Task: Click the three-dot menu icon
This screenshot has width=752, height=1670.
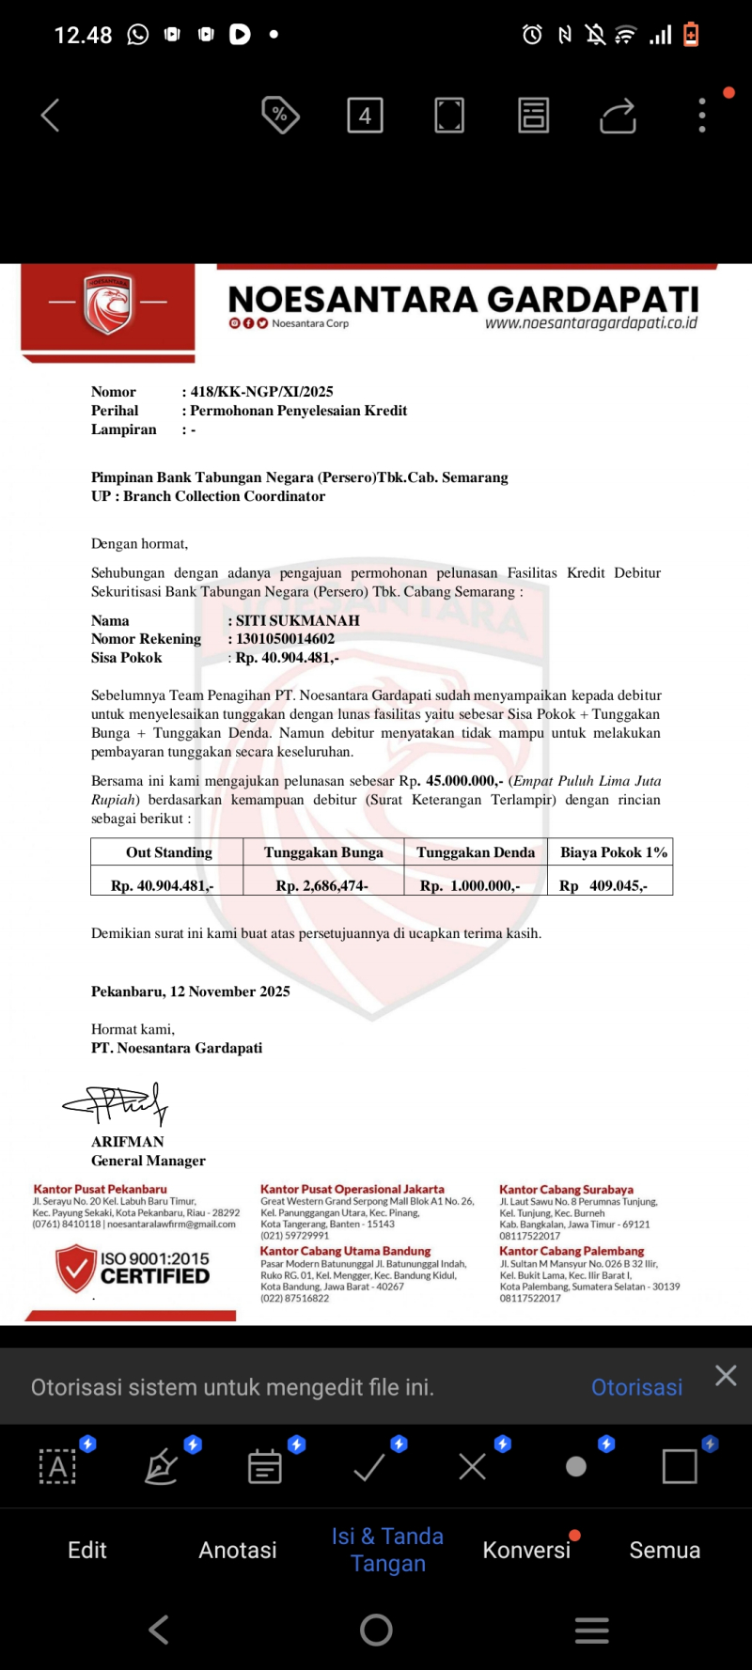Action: click(x=702, y=116)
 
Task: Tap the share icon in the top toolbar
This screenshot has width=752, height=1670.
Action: click(x=618, y=116)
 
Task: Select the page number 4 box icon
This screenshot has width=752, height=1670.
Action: click(x=365, y=116)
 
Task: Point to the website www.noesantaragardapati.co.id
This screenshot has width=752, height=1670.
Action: click(x=590, y=323)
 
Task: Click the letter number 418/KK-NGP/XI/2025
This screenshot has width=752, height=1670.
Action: click(x=261, y=392)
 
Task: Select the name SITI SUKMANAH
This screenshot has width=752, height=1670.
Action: click(x=297, y=620)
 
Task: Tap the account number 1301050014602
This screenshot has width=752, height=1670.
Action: click(x=285, y=639)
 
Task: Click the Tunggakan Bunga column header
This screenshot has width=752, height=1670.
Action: click(x=323, y=852)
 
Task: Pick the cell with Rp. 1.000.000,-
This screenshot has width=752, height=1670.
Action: click(x=470, y=885)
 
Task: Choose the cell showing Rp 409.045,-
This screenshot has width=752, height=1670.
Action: click(x=603, y=885)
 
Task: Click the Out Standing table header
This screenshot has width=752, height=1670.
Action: click(x=169, y=852)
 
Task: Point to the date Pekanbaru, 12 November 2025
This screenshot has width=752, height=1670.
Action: click(x=190, y=991)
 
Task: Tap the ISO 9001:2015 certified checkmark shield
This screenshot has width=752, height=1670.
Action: click(x=76, y=1268)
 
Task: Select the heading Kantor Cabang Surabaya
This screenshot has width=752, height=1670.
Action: click(x=566, y=1190)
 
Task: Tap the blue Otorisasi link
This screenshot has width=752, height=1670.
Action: click(x=636, y=1387)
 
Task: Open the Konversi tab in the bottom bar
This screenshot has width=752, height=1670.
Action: click(x=526, y=1550)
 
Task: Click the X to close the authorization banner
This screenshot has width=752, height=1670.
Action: click(x=726, y=1376)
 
